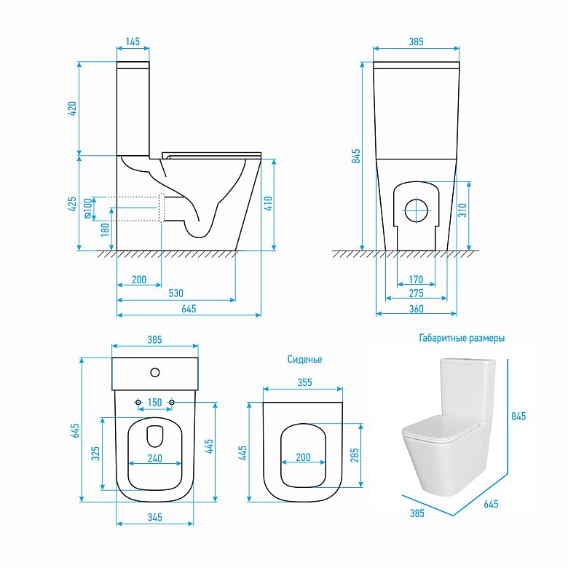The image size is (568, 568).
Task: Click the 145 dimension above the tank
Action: (x=133, y=42)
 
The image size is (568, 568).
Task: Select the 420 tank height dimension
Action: (x=72, y=109)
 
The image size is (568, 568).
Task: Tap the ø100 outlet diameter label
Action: (x=87, y=208)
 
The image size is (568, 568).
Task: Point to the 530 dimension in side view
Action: (x=176, y=293)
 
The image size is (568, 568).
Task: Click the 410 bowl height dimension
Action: (x=268, y=204)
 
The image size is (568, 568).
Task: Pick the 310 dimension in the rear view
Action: (x=462, y=210)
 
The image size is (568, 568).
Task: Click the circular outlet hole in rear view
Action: (x=417, y=210)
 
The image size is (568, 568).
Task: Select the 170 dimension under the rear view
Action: (x=416, y=280)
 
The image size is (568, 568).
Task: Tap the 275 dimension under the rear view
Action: (x=417, y=293)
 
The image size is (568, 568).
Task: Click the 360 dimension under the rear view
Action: (x=417, y=309)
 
